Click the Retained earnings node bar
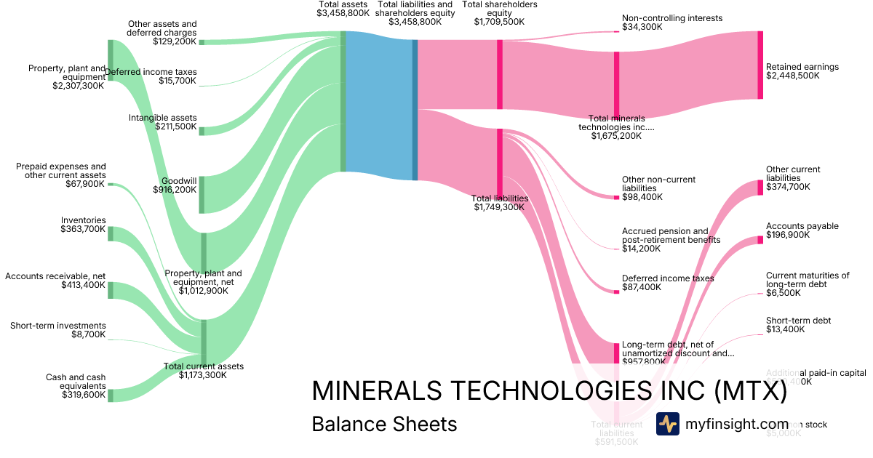click(760, 65)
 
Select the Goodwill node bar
click(202, 194)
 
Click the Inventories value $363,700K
click(83, 229)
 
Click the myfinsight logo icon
click(668, 424)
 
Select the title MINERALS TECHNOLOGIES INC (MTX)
click(549, 391)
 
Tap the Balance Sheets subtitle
click(384, 425)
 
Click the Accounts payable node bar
click(760, 239)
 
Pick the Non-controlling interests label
click(672, 18)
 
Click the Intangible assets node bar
click(202, 131)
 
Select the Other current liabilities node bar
click(760, 187)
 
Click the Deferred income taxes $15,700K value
click(178, 81)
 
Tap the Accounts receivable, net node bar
click(111, 290)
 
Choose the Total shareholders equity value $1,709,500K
click(499, 22)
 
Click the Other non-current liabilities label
click(658, 184)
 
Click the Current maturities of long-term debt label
click(808, 280)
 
